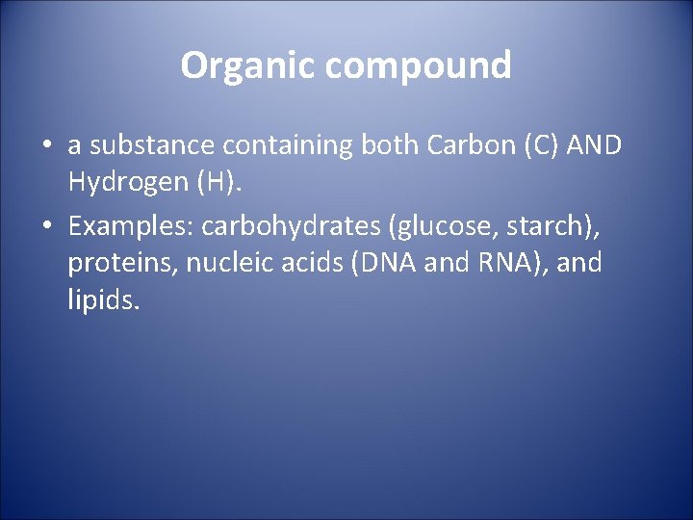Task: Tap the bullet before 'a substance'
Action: coord(46,146)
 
